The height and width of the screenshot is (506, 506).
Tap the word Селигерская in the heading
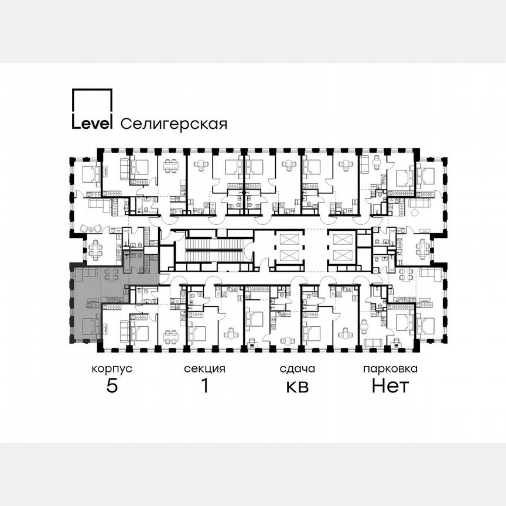[173, 124]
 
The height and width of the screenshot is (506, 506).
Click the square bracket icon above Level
[91, 102]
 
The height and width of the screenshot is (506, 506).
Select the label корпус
[111, 369]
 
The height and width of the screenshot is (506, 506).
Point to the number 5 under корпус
[111, 386]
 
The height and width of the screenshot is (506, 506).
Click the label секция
[204, 369]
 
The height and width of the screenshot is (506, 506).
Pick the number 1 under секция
[204, 386]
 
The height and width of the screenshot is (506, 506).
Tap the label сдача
[297, 369]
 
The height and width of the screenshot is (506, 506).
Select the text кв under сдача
[297, 387]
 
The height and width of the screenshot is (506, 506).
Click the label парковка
[390, 369]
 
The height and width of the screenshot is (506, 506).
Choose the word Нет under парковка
[390, 386]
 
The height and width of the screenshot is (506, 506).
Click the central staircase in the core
[214, 249]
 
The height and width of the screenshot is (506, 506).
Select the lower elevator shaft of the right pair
[341, 255]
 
